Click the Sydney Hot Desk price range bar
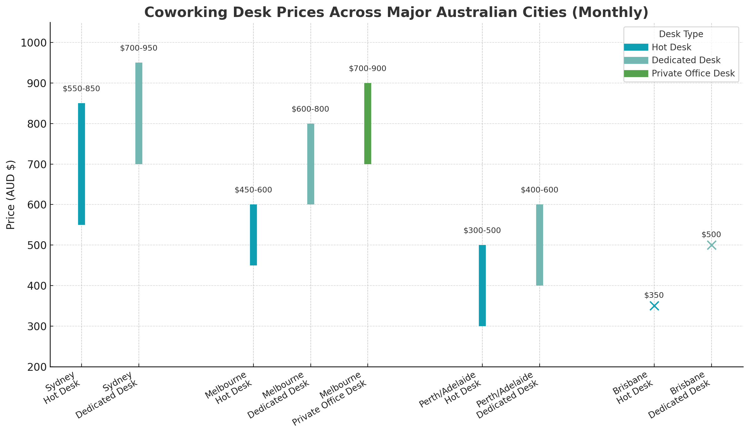pos(82,164)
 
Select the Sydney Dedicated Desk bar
pos(139,113)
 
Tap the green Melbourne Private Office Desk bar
pos(368,124)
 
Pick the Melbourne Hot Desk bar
pos(253,235)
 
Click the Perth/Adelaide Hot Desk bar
pos(482,286)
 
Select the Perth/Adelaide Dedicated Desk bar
pos(540,245)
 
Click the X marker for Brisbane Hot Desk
pos(654,306)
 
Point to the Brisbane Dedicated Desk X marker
pos(712,245)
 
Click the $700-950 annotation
pos(139,48)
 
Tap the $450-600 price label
pos(253,190)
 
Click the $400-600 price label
pos(539,190)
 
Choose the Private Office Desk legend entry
pos(693,74)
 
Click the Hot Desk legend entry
pos(671,47)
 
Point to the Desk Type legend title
pos(681,34)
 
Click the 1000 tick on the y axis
pos(33,43)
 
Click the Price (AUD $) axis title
pos(11,195)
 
